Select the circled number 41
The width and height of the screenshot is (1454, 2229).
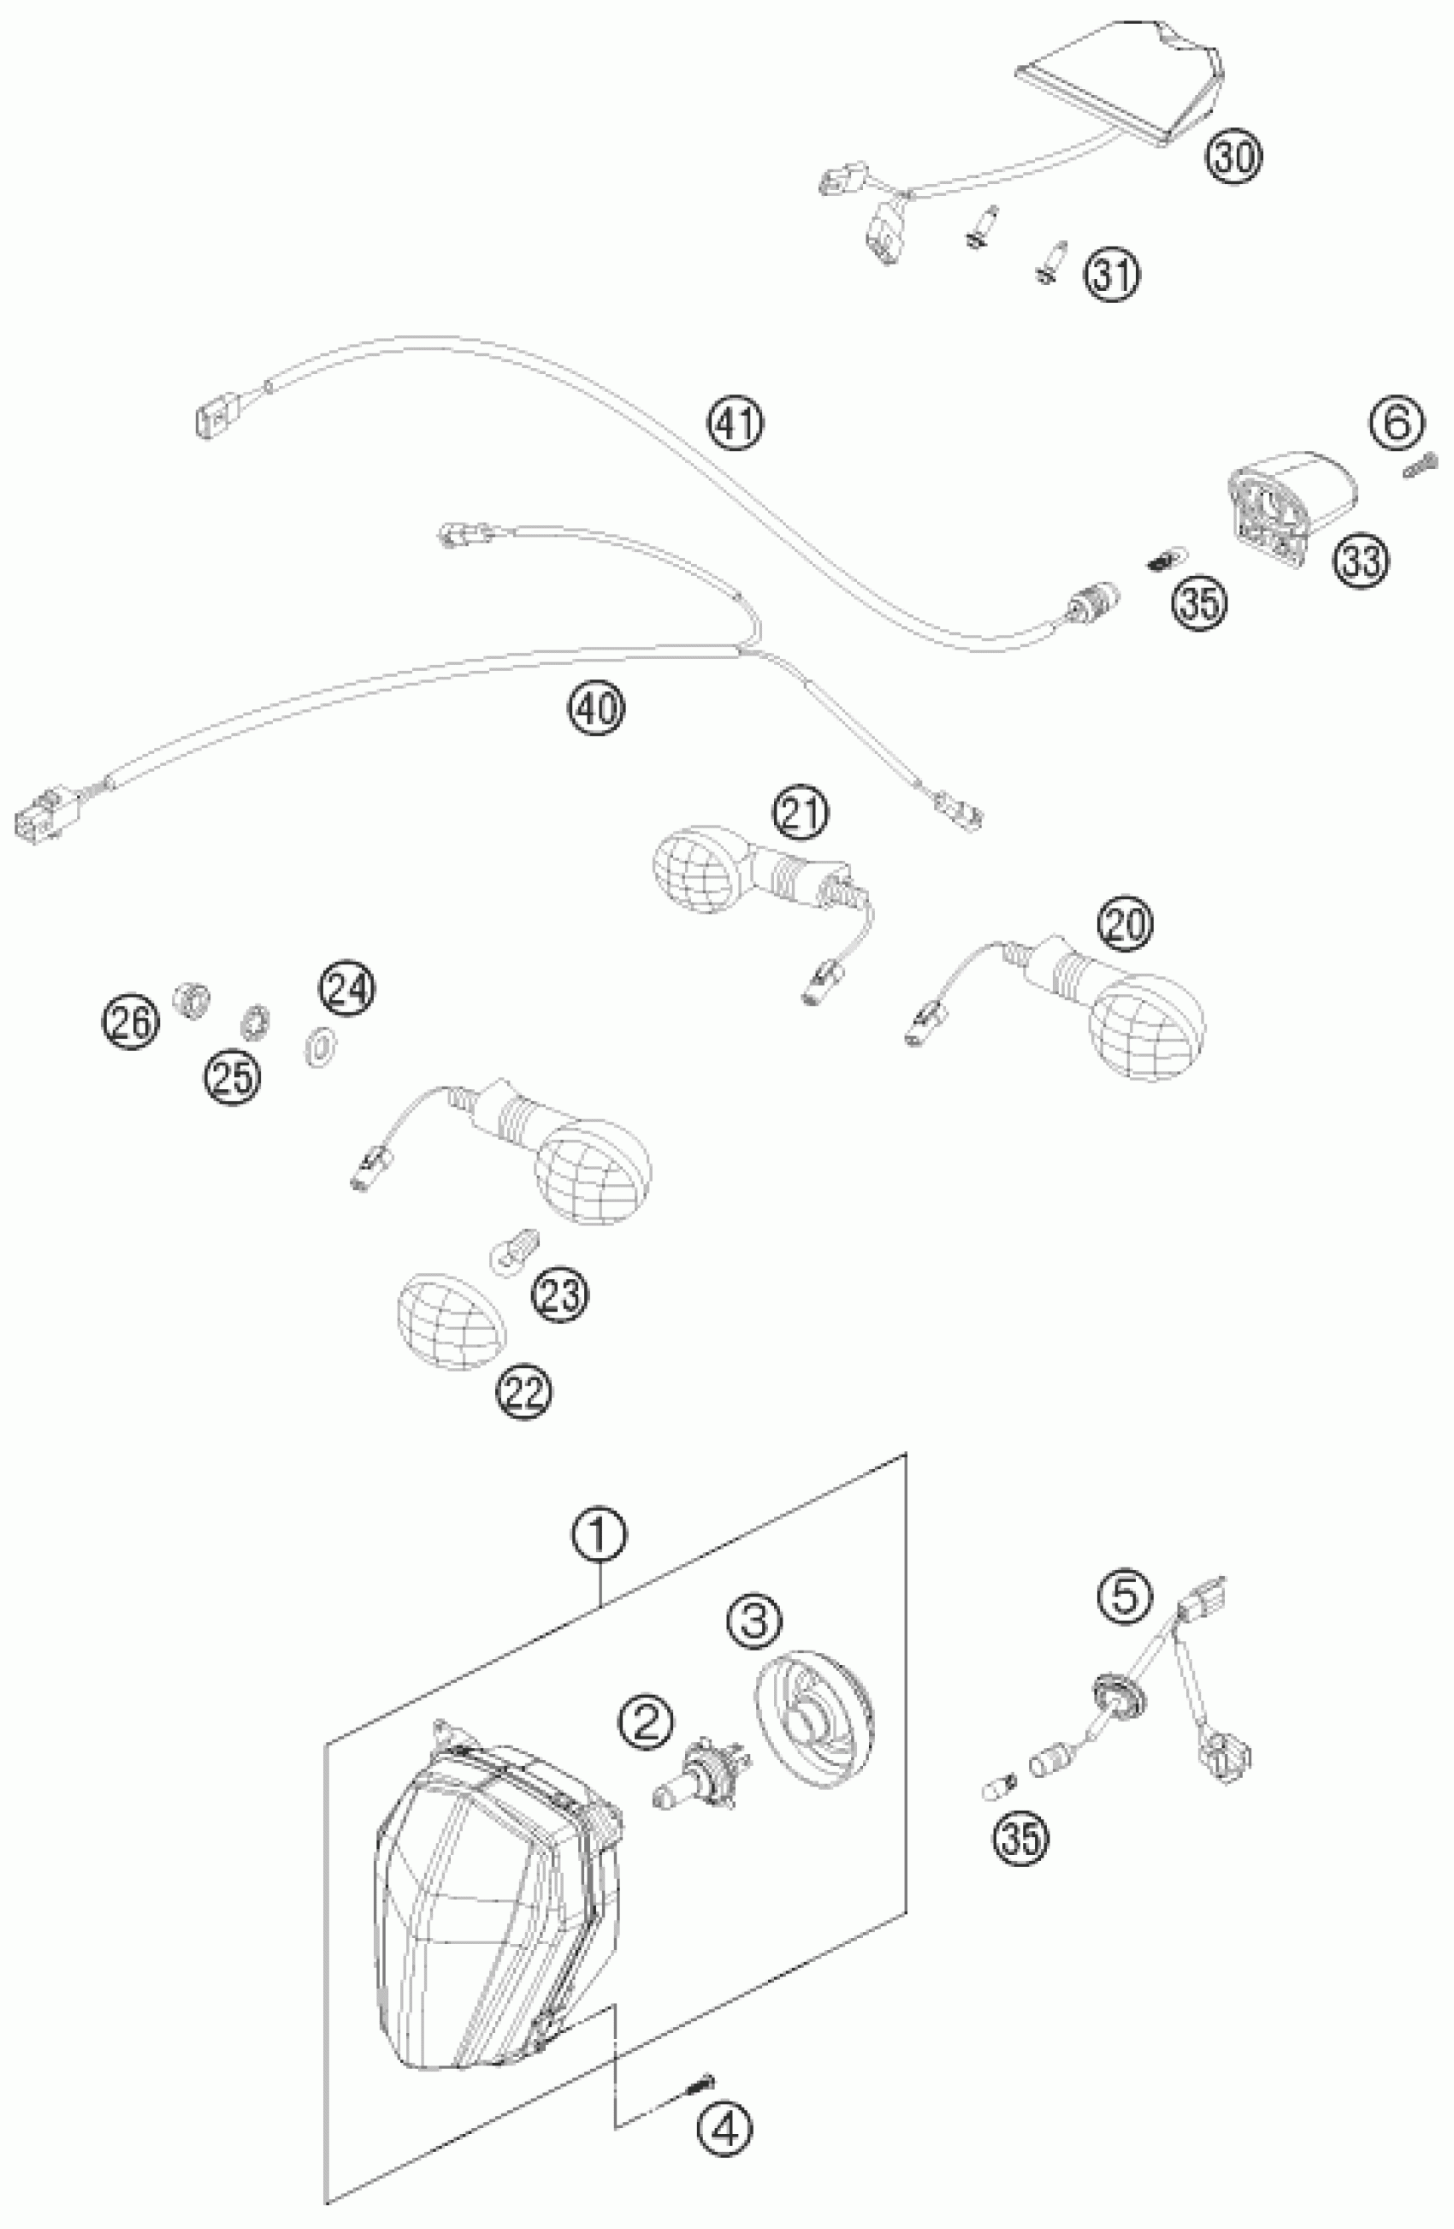pyautogui.click(x=735, y=424)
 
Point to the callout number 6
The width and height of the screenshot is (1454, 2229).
pyautogui.click(x=1396, y=424)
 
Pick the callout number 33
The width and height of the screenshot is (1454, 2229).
pyautogui.click(x=1362, y=562)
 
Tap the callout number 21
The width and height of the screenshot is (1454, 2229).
pyautogui.click(x=801, y=789)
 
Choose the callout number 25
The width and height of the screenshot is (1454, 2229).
pyautogui.click(x=233, y=1076)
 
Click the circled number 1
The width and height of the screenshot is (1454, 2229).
pyautogui.click(x=600, y=1535)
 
